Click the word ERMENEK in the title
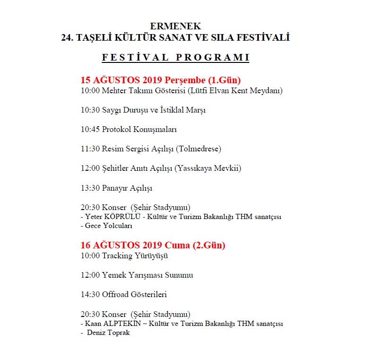pyautogui.click(x=175, y=26)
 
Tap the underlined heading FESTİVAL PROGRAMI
pyautogui.click(x=176, y=58)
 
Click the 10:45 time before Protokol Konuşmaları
pyautogui.click(x=90, y=129)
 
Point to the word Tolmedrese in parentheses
pyautogui.click(x=198, y=149)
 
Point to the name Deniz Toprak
pyautogui.click(x=108, y=333)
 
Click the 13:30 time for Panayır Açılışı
pyautogui.click(x=90, y=188)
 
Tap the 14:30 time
pyautogui.click(x=90, y=295)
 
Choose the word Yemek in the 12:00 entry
pyautogui.click(x=113, y=275)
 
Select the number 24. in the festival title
pyautogui.click(x=67, y=37)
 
